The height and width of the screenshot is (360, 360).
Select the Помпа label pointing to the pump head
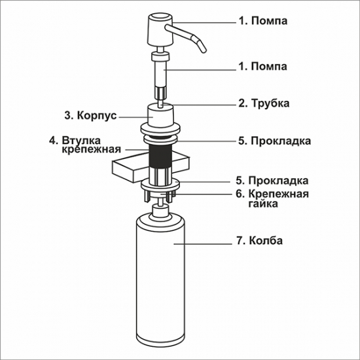point(262,21)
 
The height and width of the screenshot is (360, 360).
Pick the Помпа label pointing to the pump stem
point(262,66)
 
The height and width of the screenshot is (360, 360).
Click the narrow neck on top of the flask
point(158,212)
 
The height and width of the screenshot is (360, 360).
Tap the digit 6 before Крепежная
point(240,194)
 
